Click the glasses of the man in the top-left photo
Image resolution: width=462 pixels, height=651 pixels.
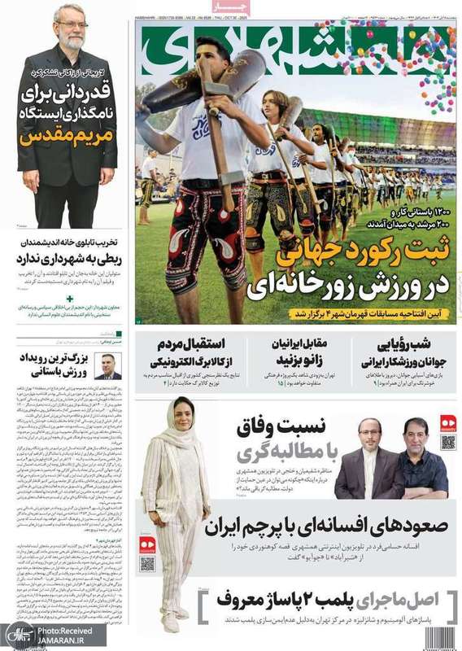click(72, 24)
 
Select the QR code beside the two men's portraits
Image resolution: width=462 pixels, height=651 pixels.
click(448, 442)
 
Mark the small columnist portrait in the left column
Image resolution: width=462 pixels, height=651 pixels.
click(107, 368)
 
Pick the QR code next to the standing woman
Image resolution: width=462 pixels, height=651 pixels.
click(146, 564)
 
